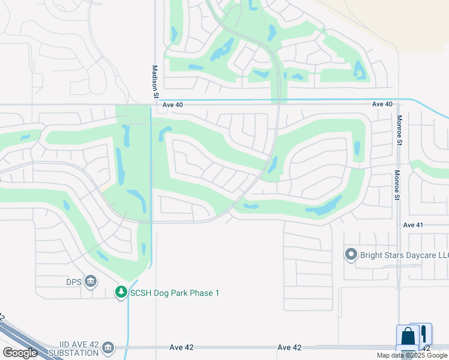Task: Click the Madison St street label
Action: [x=155, y=82]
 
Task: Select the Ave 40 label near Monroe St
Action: [x=382, y=104]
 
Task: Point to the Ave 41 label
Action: [x=413, y=225]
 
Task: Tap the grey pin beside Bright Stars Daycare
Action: [x=351, y=255]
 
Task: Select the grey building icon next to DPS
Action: [x=91, y=281]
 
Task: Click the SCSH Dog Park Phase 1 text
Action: [x=176, y=292]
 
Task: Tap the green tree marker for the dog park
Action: [x=121, y=292]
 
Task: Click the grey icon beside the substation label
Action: [x=108, y=347]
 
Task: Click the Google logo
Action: [x=20, y=353]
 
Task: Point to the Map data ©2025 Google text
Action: [x=412, y=355]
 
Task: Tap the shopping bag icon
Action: [x=408, y=337]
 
